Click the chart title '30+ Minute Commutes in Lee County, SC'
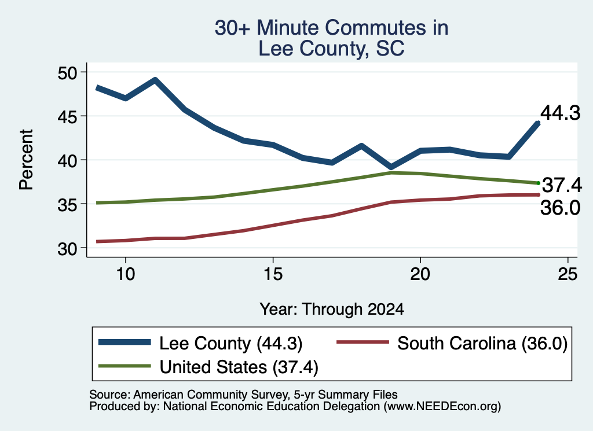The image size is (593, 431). [x=331, y=38]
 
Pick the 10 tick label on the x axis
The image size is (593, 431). [x=126, y=274]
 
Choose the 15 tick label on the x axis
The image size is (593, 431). [x=273, y=274]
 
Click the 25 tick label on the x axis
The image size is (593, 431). [x=568, y=274]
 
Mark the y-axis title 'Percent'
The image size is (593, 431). [x=26, y=160]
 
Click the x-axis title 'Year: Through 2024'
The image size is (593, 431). [x=332, y=309]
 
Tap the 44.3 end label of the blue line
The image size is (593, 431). [x=560, y=113]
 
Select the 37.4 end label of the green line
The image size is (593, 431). [x=562, y=185]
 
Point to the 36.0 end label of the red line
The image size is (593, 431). [x=560, y=208]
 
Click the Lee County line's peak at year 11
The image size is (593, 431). [x=155, y=80]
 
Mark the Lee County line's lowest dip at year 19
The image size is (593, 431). [x=391, y=167]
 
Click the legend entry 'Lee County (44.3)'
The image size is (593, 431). [x=200, y=343]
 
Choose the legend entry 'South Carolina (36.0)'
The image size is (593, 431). [x=452, y=343]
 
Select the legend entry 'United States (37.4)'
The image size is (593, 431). [x=208, y=367]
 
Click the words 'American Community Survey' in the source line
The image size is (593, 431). [x=211, y=395]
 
